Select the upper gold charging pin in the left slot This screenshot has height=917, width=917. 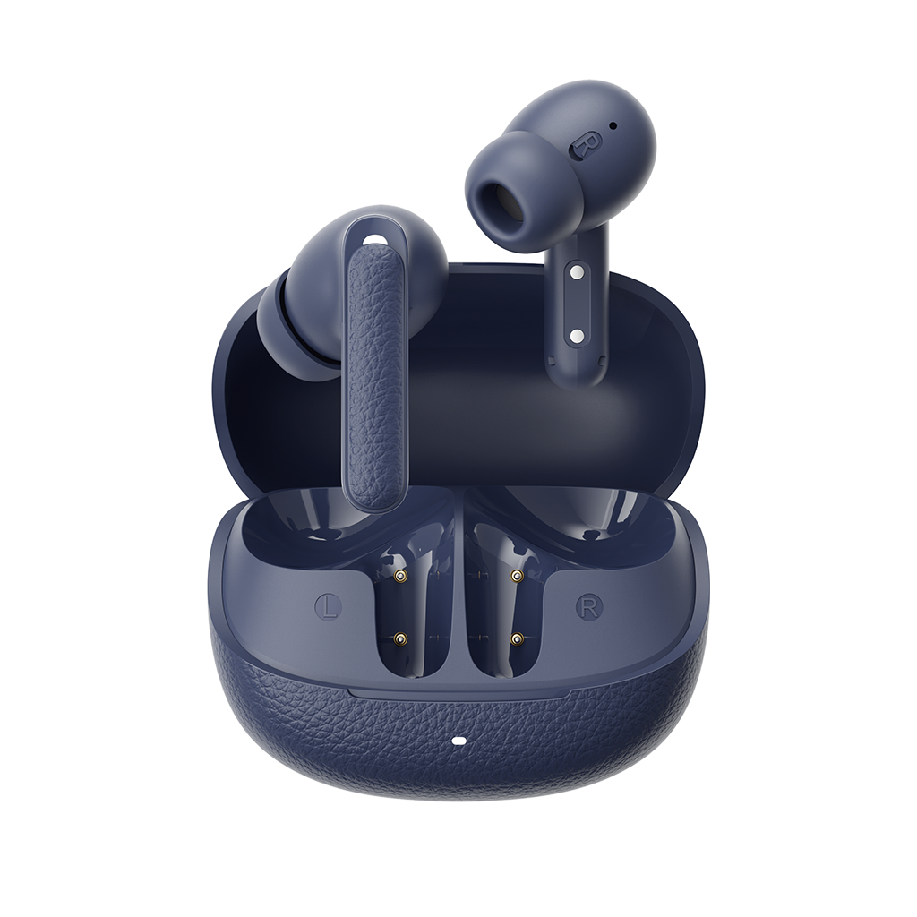coord(400,576)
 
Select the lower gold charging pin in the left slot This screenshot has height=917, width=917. coord(400,639)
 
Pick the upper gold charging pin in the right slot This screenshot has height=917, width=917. coord(517,576)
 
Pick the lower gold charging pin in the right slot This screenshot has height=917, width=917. coord(516,639)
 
